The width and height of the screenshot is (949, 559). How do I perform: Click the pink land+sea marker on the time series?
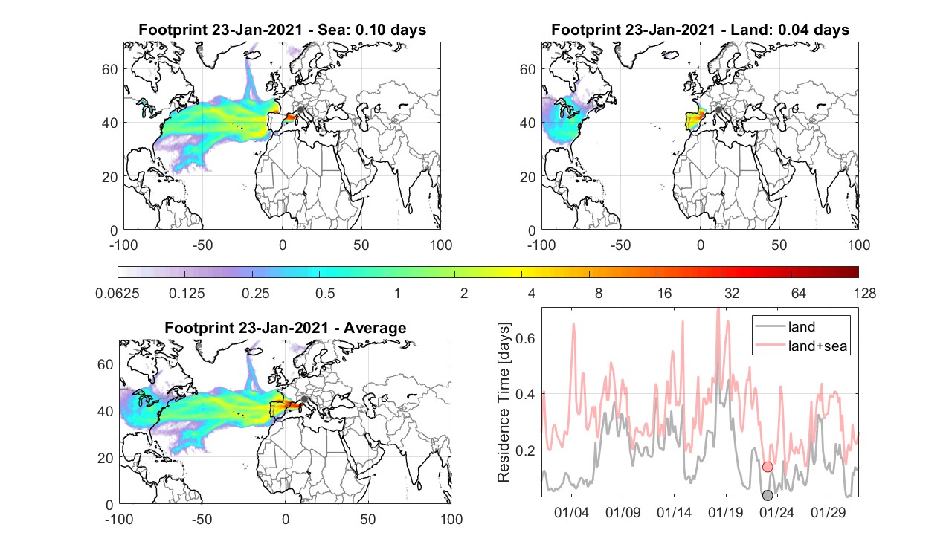768,467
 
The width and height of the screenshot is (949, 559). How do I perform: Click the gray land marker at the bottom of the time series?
768,494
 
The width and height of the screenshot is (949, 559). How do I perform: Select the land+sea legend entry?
802,346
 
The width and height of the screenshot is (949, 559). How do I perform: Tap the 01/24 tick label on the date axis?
776,512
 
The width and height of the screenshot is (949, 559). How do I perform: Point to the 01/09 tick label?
623,512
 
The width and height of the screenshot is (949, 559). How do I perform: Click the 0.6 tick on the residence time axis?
526,337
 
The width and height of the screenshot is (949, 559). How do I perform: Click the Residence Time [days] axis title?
504,402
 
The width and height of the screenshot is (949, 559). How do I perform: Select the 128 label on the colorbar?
865,293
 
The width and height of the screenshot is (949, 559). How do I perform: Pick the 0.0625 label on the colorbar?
118,293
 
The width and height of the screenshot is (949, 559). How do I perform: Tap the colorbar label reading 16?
664,293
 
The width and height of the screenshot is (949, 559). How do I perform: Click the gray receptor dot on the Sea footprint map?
300,109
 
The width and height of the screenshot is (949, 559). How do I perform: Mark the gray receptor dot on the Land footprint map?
718,109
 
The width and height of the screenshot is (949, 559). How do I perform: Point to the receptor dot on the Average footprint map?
304,399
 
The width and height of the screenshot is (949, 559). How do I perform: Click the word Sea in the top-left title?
331,30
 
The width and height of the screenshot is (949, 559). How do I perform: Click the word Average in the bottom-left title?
375,328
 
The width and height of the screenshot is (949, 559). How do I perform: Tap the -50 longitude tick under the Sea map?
202,245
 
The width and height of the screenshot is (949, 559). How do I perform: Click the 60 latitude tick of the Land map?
527,69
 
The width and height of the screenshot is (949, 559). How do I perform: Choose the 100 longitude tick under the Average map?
451,519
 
